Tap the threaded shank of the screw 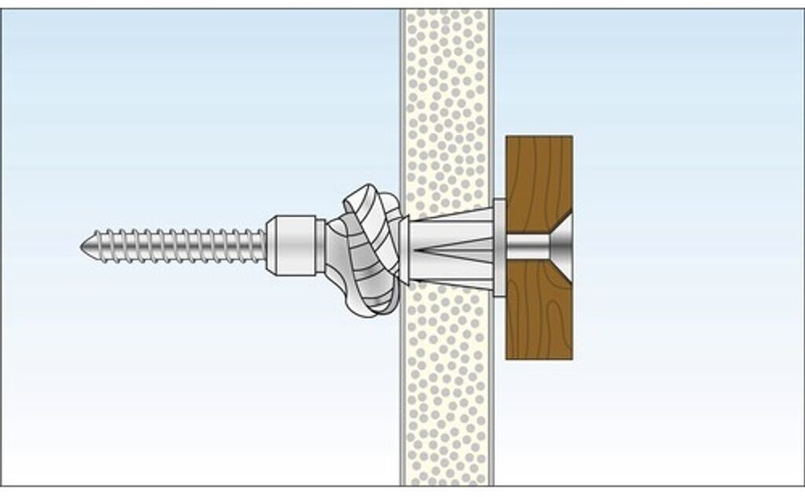[x=173, y=246]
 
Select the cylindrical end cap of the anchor [x=292, y=246]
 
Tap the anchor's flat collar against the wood [x=499, y=247]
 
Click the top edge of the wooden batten [x=539, y=137]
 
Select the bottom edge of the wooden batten [x=539, y=358]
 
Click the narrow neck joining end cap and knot [x=322, y=246]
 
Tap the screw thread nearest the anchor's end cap [x=258, y=246]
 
